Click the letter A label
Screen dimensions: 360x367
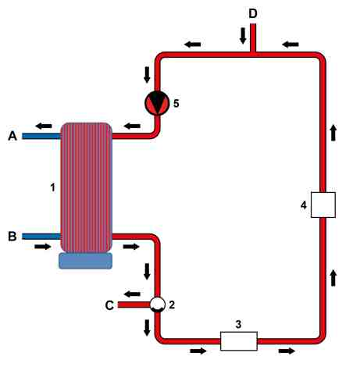point(12,136)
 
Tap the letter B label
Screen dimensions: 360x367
point(12,237)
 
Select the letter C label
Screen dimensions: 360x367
point(109,305)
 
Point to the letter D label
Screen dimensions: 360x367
point(253,13)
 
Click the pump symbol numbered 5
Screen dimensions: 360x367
point(157,103)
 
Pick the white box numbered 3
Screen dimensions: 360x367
point(239,341)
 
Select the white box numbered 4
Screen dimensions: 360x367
point(323,205)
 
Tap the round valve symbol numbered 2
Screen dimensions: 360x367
point(157,305)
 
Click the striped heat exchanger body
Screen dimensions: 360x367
point(87,187)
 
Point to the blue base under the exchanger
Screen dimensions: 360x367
point(86,261)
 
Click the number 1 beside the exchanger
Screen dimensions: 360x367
point(53,187)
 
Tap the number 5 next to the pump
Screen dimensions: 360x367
point(176,103)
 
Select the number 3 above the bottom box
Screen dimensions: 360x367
point(238,324)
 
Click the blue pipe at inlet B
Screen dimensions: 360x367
point(41,237)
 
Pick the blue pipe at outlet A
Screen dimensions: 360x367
point(41,136)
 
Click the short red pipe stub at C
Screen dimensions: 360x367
point(134,305)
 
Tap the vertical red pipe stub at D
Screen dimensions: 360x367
point(253,38)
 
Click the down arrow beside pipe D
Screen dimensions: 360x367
point(243,36)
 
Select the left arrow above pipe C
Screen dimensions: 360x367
point(132,294)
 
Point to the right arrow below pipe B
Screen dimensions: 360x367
point(43,246)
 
